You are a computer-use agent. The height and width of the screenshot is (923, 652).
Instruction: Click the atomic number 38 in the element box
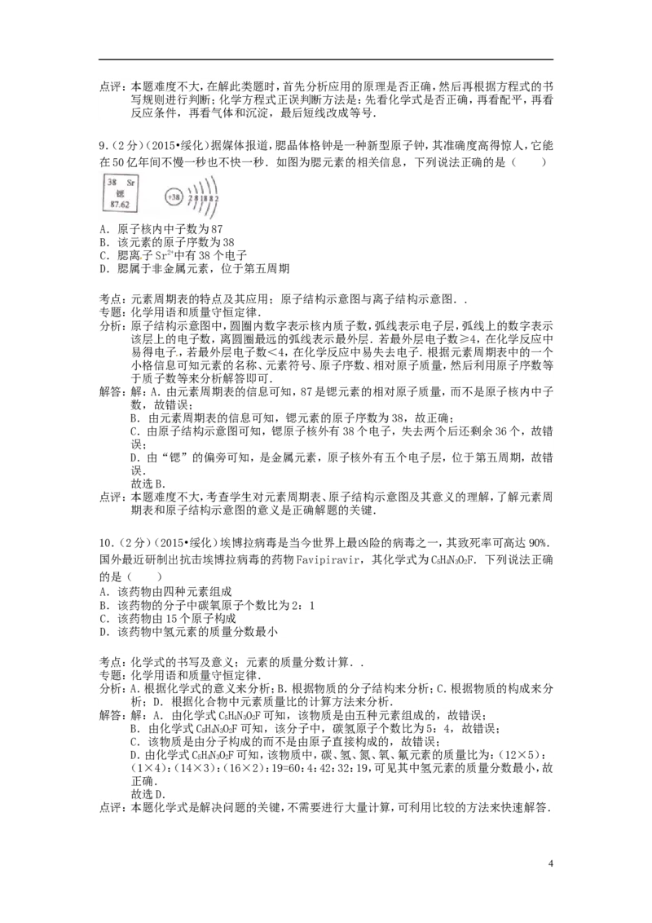(111, 182)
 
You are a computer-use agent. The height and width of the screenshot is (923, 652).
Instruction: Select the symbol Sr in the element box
(130, 182)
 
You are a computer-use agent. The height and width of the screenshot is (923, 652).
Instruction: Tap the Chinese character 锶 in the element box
(120, 193)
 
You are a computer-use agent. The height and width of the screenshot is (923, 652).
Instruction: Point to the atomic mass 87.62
(120, 205)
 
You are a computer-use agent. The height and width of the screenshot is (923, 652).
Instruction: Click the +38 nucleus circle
(173, 197)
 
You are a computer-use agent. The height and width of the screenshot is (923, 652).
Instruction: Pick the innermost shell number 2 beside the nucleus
(189, 198)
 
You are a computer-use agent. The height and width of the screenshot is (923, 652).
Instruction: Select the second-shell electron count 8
(196, 198)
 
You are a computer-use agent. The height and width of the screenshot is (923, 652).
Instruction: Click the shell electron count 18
(203, 198)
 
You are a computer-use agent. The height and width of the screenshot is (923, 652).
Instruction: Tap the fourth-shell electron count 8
(210, 198)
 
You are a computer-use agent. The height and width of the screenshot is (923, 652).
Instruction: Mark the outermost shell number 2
(216, 198)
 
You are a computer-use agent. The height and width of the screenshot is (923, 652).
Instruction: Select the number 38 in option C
(200, 254)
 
